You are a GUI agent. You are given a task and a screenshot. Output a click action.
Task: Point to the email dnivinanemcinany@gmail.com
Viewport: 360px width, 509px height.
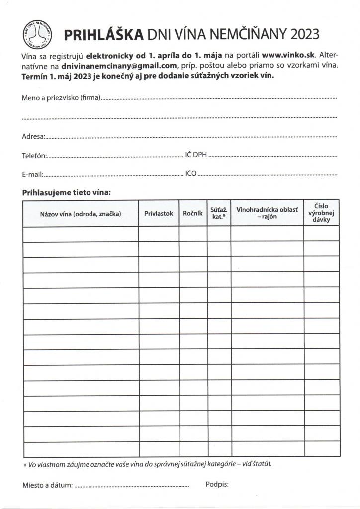(119, 65)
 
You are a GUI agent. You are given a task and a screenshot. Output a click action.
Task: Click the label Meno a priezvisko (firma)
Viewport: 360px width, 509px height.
(61, 97)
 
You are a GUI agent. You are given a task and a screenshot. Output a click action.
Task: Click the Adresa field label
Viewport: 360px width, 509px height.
(33, 136)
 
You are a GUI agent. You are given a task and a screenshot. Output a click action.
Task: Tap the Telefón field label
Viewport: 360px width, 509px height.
(34, 156)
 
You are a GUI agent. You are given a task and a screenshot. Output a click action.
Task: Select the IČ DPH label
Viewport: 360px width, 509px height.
(196, 155)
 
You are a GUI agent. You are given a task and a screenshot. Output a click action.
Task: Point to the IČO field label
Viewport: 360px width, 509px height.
(191, 174)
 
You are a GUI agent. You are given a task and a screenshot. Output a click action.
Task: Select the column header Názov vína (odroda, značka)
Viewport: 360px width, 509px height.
(81, 213)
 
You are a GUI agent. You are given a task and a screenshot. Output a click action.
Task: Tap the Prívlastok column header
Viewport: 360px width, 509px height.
(159, 213)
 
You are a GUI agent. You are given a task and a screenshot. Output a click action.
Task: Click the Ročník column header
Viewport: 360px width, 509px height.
(193, 213)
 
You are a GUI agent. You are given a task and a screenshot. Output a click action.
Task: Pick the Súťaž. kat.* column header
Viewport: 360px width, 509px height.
(219, 213)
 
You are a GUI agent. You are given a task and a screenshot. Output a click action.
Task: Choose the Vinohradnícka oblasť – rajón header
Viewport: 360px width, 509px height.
(267, 213)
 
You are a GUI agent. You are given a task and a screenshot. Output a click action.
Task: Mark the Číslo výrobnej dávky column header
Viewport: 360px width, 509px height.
(321, 213)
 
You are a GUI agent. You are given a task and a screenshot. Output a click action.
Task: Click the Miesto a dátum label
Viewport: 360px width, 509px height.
(47, 485)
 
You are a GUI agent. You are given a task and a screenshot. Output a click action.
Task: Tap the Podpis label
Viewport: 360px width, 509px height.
(217, 485)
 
